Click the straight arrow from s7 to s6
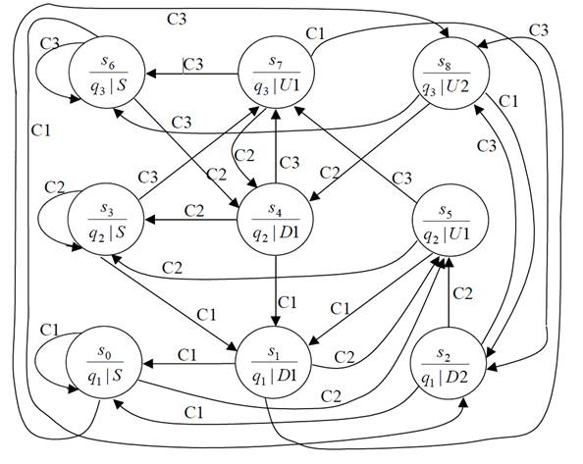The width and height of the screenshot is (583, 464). coord(191,74)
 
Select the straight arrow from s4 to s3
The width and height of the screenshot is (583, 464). coord(191,220)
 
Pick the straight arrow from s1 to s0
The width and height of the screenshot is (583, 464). coord(189,364)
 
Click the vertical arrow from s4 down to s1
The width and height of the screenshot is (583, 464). coord(276,291)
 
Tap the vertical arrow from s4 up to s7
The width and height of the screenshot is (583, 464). coord(276,146)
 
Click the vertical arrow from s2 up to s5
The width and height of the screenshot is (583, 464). coord(450,292)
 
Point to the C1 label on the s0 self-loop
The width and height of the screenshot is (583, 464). coord(49,330)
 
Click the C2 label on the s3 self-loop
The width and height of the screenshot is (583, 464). coord(55,187)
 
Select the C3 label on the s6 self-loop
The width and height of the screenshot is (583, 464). coord(49,44)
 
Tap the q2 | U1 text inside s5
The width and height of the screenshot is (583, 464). coord(447,234)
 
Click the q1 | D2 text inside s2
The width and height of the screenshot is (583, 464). coord(445,379)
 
